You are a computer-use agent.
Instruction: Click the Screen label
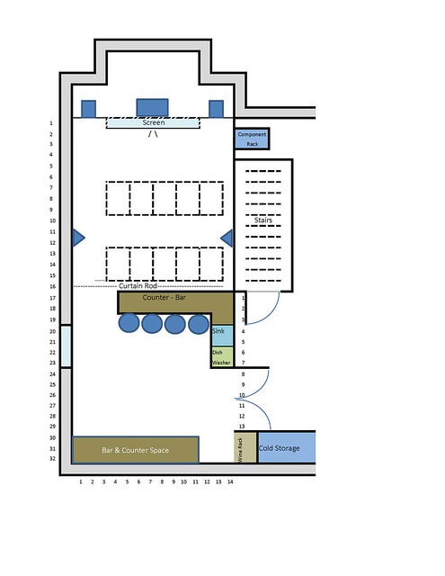point(154,122)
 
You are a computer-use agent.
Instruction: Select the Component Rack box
point(252,139)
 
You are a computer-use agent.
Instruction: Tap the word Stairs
point(263,220)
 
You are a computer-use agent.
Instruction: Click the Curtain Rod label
point(138,286)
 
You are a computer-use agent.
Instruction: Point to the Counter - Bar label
point(164,297)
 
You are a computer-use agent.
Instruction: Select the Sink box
point(222,336)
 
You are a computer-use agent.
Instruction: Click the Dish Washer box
point(222,356)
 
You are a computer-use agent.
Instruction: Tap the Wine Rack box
point(245,447)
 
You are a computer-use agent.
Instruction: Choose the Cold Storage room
point(287,447)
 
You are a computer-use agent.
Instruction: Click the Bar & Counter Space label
point(136,450)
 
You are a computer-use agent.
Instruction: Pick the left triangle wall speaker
point(78,238)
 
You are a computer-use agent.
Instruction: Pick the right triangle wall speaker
point(227,238)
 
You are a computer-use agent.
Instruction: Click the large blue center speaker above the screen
point(152,108)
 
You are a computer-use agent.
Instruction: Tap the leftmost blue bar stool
point(129,323)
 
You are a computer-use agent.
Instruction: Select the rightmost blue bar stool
point(199,324)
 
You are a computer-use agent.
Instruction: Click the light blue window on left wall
point(66,346)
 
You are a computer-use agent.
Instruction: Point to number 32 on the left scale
point(52,458)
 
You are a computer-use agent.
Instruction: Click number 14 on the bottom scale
point(230,481)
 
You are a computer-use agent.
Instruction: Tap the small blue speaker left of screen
point(88,109)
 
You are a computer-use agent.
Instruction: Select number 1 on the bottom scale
point(81,481)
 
